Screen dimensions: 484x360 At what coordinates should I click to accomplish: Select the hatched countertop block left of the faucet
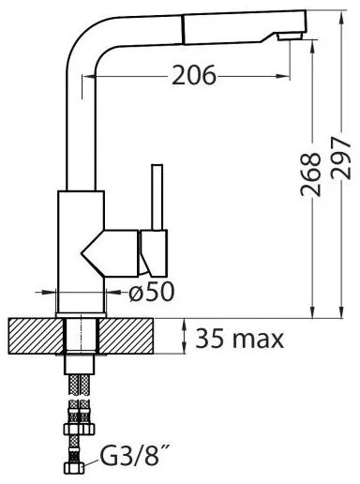(36, 336)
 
